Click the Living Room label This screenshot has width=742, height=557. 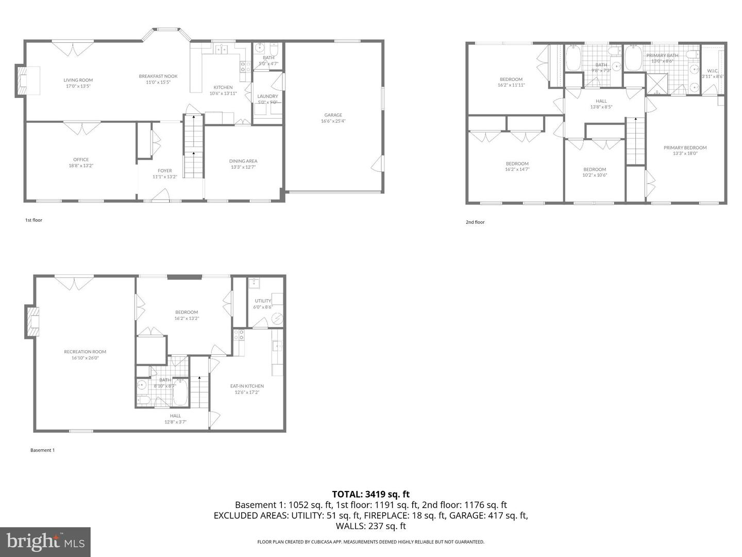[x=78, y=80]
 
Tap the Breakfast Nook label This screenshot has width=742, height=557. [x=158, y=76]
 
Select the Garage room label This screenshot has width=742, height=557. [x=333, y=115]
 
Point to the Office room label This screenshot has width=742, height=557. [x=81, y=159]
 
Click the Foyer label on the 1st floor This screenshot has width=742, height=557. [x=165, y=171]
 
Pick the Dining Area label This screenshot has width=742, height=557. [x=243, y=161]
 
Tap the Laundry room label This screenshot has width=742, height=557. [x=267, y=96]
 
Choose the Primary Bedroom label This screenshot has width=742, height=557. [x=685, y=148]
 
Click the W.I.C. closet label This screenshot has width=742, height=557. [x=713, y=71]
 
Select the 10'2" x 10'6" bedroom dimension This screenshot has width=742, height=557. [x=595, y=175]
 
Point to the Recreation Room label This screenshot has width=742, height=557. [x=85, y=352]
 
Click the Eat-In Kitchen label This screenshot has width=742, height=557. [x=247, y=386]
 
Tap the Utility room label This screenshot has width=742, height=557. [x=263, y=301]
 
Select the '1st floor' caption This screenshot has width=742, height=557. [x=33, y=220]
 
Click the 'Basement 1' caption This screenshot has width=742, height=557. [x=42, y=450]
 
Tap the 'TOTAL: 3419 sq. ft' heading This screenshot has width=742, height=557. [x=370, y=494]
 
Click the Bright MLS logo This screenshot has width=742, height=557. [x=45, y=542]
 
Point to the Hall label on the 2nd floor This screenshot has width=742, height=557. [x=601, y=101]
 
